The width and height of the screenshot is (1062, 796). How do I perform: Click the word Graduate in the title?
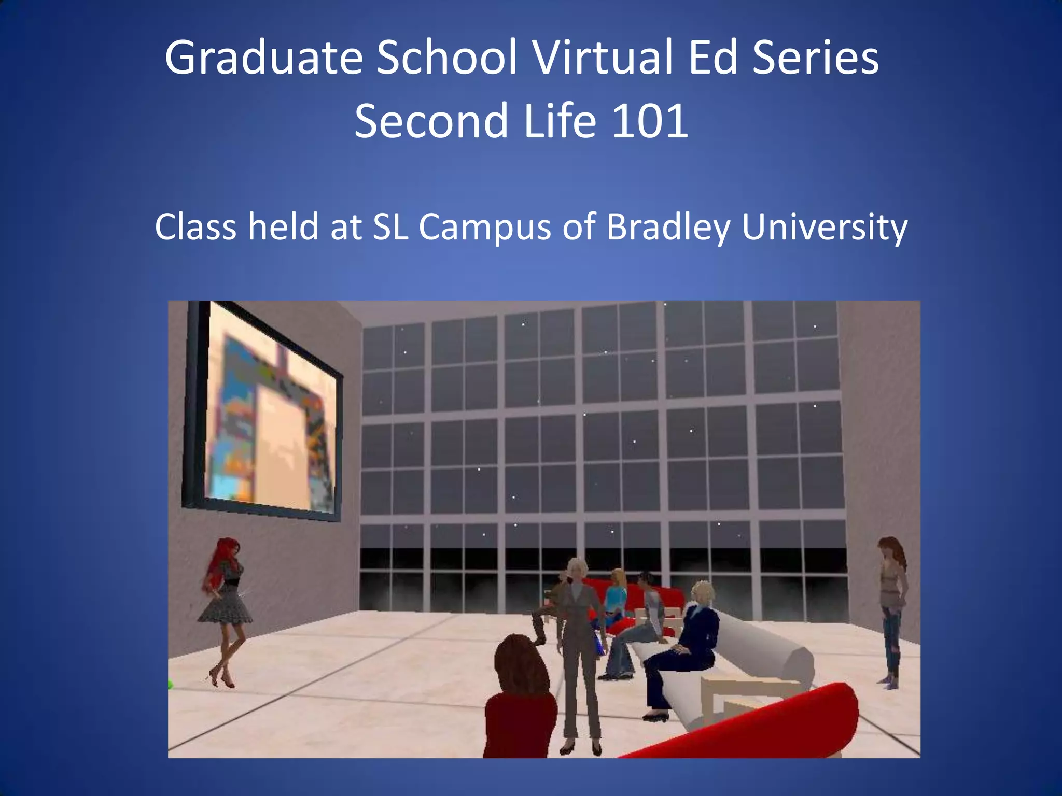[x=263, y=58]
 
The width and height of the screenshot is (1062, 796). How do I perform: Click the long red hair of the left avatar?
[x=218, y=562]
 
